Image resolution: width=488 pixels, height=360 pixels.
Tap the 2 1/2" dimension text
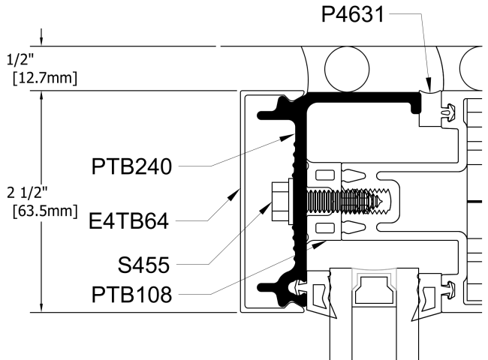22,192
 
